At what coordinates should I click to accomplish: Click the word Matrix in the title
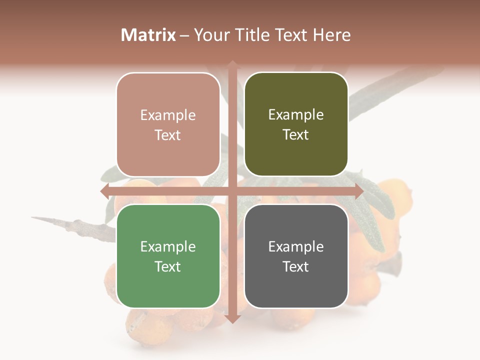click(x=148, y=35)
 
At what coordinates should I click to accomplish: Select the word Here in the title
click(x=331, y=35)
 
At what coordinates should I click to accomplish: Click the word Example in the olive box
click(x=296, y=115)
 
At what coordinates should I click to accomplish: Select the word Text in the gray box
click(x=296, y=267)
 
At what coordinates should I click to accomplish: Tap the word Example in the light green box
click(x=168, y=246)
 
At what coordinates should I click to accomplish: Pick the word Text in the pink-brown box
click(x=168, y=135)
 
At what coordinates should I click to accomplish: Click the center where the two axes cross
click(x=232, y=191)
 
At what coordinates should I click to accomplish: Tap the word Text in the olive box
click(x=296, y=135)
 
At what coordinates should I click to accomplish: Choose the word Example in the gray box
click(x=296, y=246)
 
